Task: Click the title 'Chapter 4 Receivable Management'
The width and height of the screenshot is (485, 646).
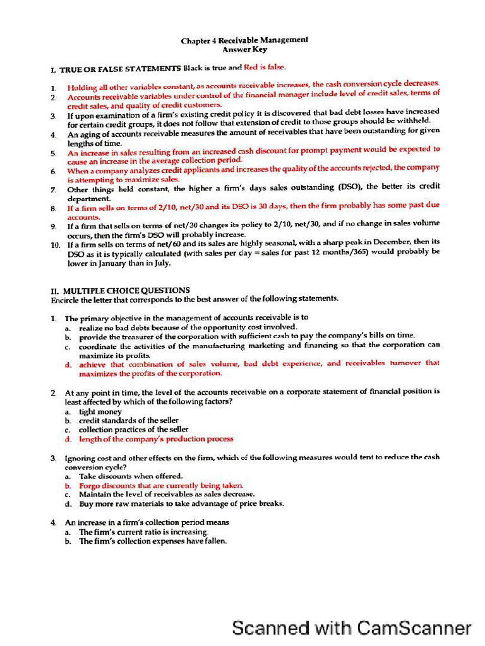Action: click(x=244, y=40)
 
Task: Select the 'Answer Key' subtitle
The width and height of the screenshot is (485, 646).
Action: click(x=244, y=49)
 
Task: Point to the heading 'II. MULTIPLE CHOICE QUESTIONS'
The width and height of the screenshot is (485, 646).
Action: click(x=120, y=290)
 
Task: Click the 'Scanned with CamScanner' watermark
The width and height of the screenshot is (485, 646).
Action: click(x=352, y=628)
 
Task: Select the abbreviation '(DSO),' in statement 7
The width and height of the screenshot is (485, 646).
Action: click(x=350, y=187)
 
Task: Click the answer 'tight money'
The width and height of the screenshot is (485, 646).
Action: click(x=100, y=411)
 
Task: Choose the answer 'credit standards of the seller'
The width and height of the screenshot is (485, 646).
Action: click(x=128, y=420)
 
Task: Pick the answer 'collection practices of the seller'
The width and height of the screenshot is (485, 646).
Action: click(x=133, y=429)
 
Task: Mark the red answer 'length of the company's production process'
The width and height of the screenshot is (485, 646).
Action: click(x=156, y=438)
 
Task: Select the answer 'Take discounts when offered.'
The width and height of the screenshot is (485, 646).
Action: click(x=131, y=476)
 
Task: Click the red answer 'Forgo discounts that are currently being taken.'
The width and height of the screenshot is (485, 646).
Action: click(x=161, y=486)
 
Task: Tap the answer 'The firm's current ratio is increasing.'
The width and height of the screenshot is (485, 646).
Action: click(x=143, y=532)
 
